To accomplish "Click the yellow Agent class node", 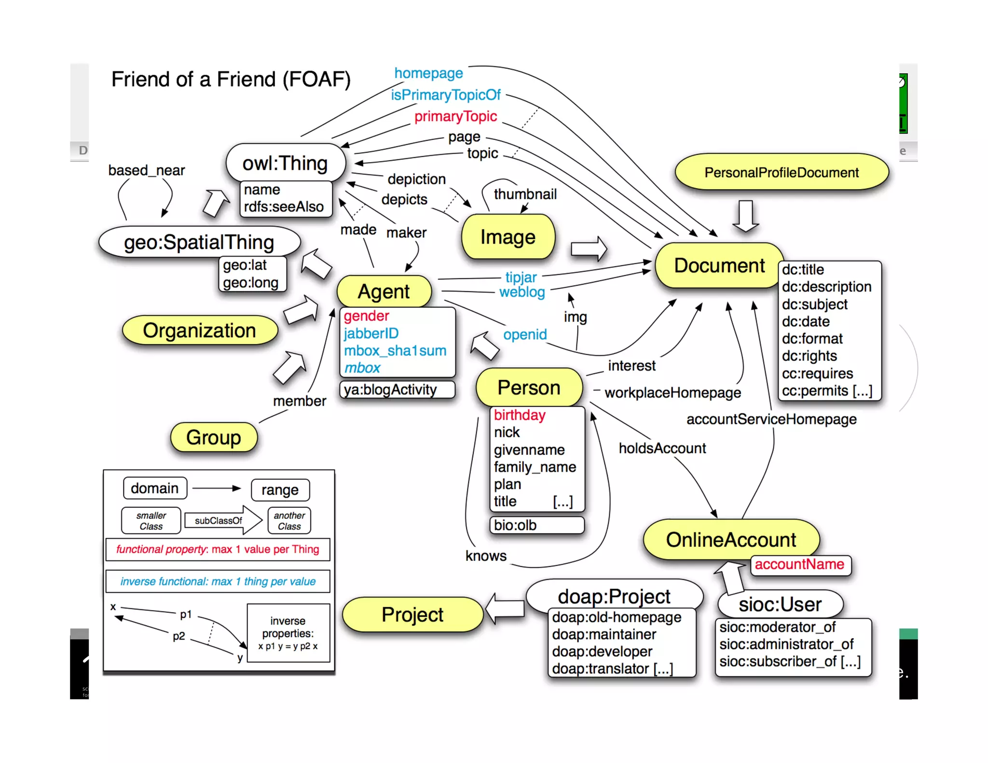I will point(384,291).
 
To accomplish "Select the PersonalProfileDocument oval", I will point(781,172).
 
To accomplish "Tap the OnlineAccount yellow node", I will point(730,539).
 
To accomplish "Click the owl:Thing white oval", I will point(285,163).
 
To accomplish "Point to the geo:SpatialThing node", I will point(199,242).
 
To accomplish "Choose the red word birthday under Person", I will point(519,415).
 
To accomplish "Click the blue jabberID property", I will point(370,333).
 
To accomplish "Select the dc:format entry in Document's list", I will point(812,339).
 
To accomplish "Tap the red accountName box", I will point(799,564).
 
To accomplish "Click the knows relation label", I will point(485,556).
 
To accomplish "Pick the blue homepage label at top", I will point(428,73).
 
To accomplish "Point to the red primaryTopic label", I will point(455,116).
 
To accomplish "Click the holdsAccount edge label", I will point(662,448).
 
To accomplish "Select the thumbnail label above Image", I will point(525,194).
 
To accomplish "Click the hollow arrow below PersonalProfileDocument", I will point(745,215).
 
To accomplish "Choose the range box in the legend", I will point(280,490).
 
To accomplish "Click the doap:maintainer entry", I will point(604,634).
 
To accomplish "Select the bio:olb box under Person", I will point(536,525).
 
